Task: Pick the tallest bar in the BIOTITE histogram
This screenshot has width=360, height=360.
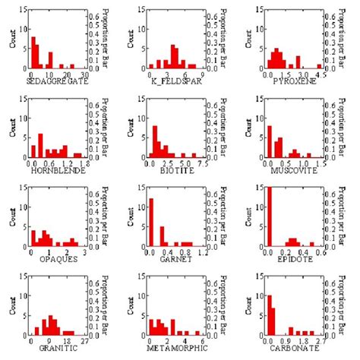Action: (x=154, y=146)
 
